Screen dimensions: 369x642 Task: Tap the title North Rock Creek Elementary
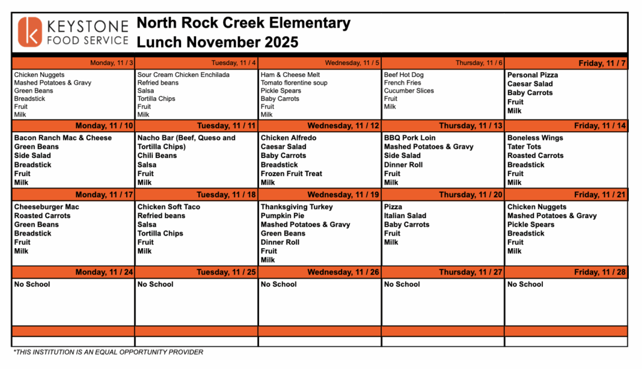243,24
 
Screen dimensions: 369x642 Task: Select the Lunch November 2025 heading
218,43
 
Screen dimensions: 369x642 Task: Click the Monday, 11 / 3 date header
112,63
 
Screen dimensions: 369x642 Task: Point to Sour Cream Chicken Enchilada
183,75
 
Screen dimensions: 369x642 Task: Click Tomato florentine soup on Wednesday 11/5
294,83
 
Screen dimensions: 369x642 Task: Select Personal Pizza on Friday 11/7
532,75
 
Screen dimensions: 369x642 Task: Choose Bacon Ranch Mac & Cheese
63,138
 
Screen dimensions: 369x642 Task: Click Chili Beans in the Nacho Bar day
157,155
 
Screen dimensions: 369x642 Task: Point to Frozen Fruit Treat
292,174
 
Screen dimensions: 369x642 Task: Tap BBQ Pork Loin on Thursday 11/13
409,138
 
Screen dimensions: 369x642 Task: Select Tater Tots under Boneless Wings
524,147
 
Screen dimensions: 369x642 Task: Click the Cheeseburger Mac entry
46,207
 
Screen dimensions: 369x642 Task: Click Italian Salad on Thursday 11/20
405,216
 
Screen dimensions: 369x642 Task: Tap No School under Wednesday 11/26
279,284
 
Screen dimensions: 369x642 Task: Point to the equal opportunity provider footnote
108,352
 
